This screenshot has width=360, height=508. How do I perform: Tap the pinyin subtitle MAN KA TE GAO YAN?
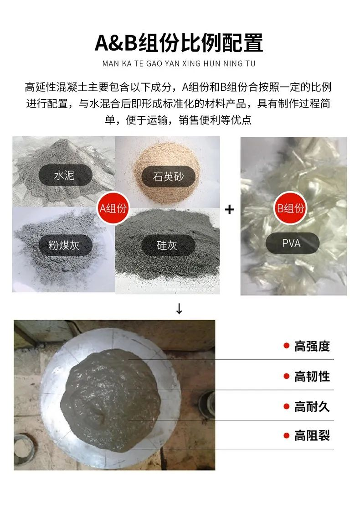[179, 64]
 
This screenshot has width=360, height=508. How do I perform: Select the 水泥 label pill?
[64, 175]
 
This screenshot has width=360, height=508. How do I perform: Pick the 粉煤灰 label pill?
[64, 245]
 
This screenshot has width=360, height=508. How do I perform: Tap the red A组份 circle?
[114, 208]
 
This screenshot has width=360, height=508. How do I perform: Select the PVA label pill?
[291, 243]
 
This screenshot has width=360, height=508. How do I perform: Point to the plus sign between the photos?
[230, 210]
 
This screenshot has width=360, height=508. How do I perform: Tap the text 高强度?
[312, 346]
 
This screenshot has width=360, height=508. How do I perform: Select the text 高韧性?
[312, 376]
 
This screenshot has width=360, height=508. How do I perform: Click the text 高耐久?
[312, 406]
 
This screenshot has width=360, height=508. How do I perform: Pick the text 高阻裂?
[312, 435]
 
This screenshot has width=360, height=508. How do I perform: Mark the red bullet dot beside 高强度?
[286, 346]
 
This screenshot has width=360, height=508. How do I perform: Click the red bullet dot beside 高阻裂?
[286, 435]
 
